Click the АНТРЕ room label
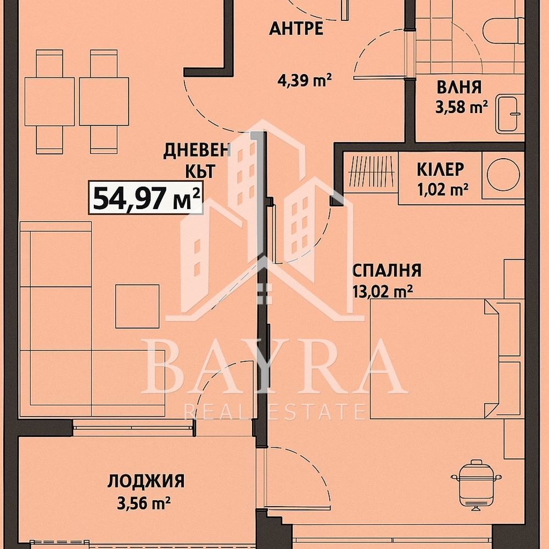[x=296, y=29]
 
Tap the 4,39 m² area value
[x=304, y=81]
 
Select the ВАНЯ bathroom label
[x=459, y=87]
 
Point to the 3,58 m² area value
[x=462, y=107]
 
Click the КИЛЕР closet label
[x=440, y=170]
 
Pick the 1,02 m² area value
[x=442, y=189]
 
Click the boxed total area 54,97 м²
[x=145, y=198]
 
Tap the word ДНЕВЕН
[x=197, y=151]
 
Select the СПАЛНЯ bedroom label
[x=386, y=271]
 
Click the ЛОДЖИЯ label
[x=145, y=481]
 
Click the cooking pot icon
[x=476, y=483]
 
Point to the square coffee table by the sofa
[x=137, y=306]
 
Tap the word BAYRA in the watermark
[x=274, y=366]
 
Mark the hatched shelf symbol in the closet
[x=372, y=171]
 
